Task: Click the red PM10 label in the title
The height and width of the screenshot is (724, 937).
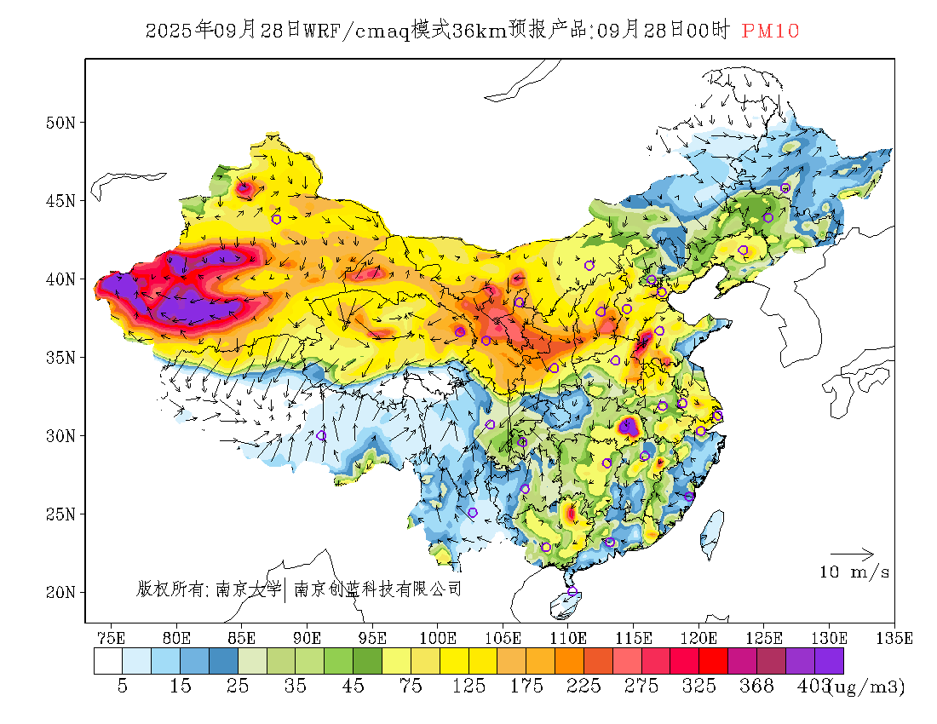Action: click(x=770, y=32)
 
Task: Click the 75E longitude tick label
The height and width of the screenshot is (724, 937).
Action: click(x=111, y=637)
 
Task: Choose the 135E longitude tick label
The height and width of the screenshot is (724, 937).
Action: click(x=894, y=637)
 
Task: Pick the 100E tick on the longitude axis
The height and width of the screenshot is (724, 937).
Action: click(x=438, y=637)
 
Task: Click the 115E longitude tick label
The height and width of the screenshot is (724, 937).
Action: click(x=634, y=637)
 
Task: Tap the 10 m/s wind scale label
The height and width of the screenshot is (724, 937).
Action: click(x=854, y=572)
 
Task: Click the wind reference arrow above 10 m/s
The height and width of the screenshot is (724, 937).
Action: click(x=852, y=554)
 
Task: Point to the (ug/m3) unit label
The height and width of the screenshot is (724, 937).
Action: click(x=867, y=687)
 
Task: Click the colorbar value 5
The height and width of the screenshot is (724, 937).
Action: click(x=123, y=687)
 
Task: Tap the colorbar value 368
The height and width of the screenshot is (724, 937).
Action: click(x=757, y=687)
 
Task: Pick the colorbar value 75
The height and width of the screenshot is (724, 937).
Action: click(x=411, y=687)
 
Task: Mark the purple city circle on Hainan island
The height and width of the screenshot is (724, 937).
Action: click(x=572, y=592)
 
